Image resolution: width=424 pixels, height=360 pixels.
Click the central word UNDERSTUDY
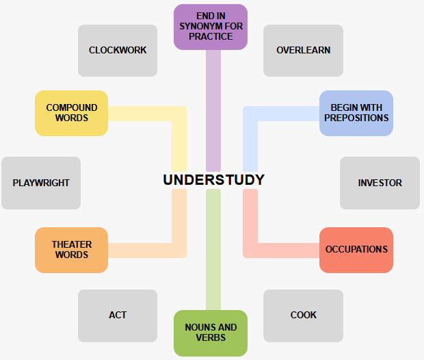[x=213, y=180]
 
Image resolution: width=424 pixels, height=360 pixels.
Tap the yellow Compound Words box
[x=72, y=113]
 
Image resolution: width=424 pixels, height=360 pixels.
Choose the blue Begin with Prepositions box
[x=356, y=113]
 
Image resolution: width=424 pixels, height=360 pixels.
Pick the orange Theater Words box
[x=72, y=250]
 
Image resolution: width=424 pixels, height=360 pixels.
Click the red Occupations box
[x=356, y=250]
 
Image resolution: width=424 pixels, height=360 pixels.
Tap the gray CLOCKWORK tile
[x=118, y=50]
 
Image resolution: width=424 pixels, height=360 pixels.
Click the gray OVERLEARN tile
[x=303, y=50]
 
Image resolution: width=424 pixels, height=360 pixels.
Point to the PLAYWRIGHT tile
[x=41, y=183]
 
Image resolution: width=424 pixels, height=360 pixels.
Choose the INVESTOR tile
[x=380, y=183]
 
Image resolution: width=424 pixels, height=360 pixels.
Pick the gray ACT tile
[x=118, y=315]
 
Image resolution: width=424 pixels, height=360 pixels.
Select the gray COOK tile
[x=303, y=315]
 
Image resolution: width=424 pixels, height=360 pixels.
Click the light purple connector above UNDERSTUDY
[x=213, y=110]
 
